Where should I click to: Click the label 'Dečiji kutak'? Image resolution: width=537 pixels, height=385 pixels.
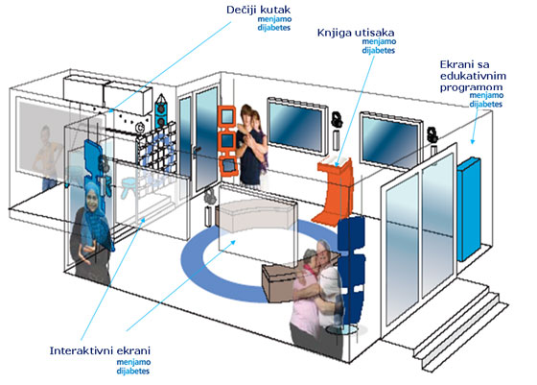pos(258,10)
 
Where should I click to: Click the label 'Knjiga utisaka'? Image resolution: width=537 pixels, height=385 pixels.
pos(356,33)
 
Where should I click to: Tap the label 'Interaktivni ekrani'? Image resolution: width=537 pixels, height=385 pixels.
pos(100,351)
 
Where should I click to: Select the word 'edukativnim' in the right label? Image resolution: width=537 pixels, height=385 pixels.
pos(473,76)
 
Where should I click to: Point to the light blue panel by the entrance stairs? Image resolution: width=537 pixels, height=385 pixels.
pos(469,209)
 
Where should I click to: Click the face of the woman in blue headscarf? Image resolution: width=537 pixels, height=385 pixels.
pos(92,199)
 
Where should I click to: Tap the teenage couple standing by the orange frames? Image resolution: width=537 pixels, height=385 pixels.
pos(251,146)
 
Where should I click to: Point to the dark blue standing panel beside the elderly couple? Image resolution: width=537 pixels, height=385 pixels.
pos(351,271)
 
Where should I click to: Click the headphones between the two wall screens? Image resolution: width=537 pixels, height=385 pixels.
pos(337,119)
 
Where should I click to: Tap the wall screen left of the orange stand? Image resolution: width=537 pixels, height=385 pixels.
pos(296,126)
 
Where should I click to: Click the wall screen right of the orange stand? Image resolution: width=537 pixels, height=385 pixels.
pos(391,140)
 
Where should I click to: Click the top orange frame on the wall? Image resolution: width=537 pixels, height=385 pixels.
pos(226,117)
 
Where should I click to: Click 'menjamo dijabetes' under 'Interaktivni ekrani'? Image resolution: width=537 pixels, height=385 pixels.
pos(133,367)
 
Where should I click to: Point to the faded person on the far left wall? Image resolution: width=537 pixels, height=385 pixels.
pos(48,157)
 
